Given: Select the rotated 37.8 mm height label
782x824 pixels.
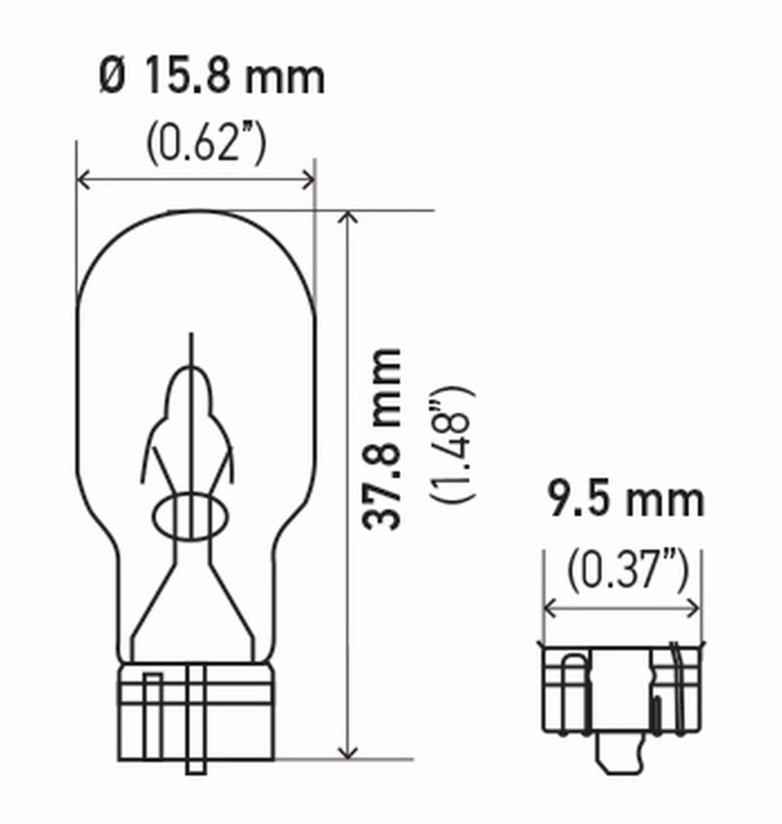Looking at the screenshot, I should coord(382,439).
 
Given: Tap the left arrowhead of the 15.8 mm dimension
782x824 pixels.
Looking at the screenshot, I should coord(83,180).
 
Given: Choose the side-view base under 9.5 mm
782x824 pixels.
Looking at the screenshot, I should coord(623,688).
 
